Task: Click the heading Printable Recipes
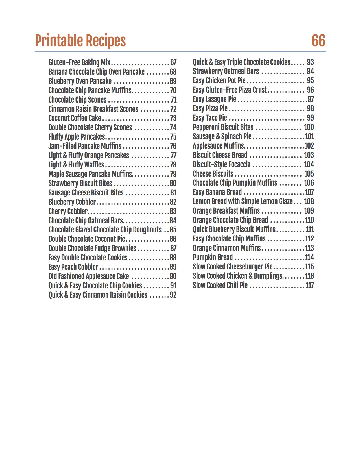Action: (x=80, y=41)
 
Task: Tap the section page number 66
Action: (x=318, y=41)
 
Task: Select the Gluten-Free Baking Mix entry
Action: (x=79, y=62)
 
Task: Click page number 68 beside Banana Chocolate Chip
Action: (x=173, y=72)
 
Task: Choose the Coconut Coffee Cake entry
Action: (x=75, y=118)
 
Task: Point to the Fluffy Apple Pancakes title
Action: (x=77, y=137)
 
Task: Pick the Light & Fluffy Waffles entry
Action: (x=76, y=165)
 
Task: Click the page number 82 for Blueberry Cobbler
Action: (x=173, y=202)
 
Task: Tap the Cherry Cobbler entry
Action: (x=68, y=211)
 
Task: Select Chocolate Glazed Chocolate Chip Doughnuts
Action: (x=105, y=230)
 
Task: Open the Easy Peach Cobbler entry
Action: (x=73, y=267)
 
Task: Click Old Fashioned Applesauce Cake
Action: (x=88, y=276)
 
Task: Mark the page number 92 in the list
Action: (x=173, y=295)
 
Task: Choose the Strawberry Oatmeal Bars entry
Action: (x=226, y=71)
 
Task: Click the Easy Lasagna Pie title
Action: (x=214, y=99)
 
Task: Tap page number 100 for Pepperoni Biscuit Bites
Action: (x=309, y=127)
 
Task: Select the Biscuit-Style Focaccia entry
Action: (x=222, y=164)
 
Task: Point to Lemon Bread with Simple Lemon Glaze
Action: (x=243, y=201)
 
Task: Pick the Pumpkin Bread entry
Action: (x=213, y=257)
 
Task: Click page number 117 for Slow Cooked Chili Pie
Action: (x=309, y=285)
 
